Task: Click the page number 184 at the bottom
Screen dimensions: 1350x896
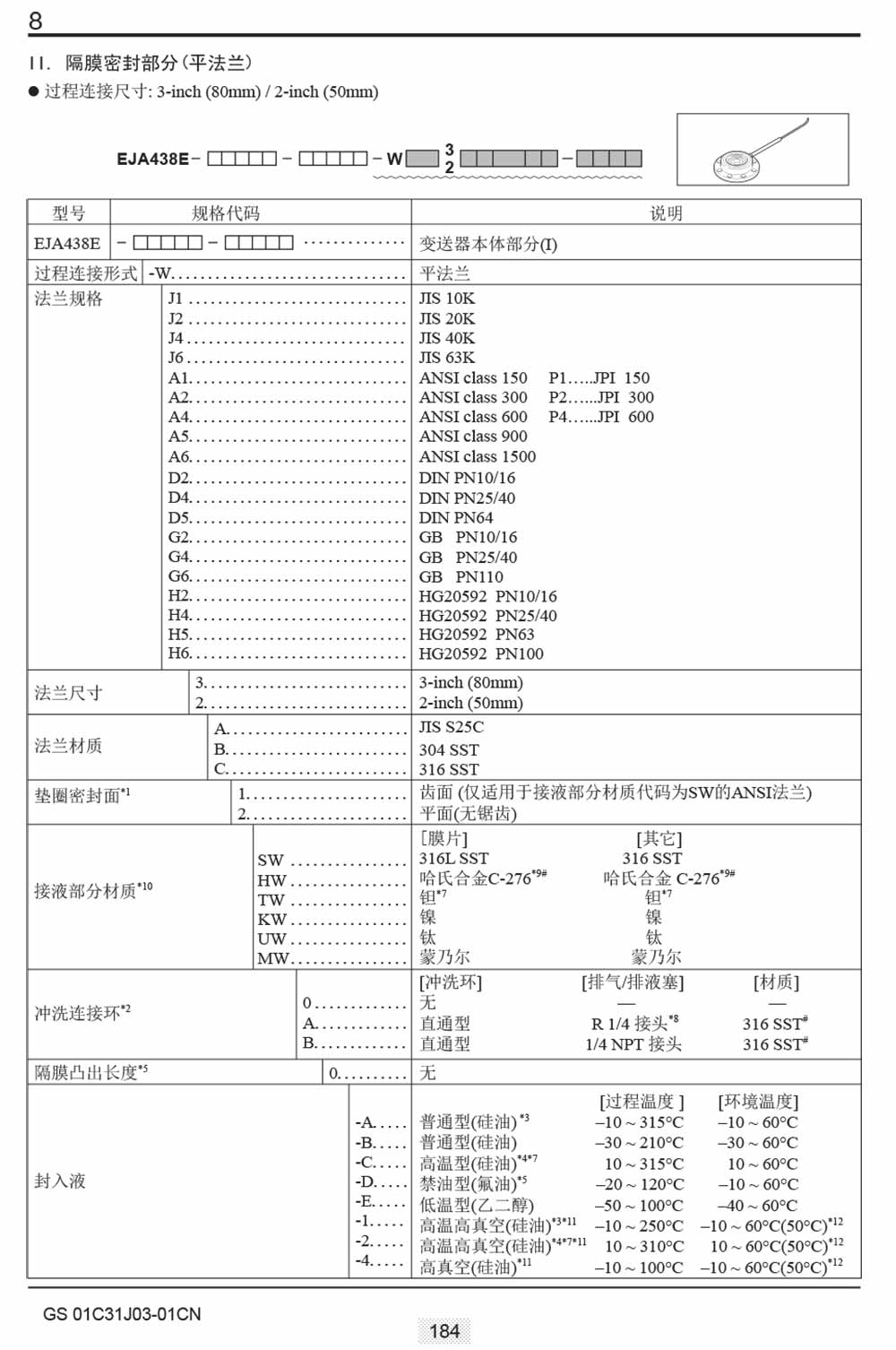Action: click(x=444, y=1331)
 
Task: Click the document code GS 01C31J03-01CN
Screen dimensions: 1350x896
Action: click(x=122, y=1314)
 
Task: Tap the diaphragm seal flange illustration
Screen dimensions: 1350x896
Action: click(x=762, y=149)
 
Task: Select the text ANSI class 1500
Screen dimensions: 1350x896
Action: click(x=477, y=456)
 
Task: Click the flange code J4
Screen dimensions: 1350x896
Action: click(x=176, y=338)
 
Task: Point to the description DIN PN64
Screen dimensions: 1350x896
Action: click(x=455, y=517)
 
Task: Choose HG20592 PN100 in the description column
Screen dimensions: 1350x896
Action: click(x=480, y=653)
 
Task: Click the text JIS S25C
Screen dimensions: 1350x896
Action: click(x=451, y=727)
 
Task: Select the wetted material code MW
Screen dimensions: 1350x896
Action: click(x=272, y=958)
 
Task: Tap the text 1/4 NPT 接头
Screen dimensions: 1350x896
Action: click(x=633, y=1043)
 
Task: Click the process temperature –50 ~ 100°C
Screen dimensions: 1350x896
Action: click(x=638, y=1206)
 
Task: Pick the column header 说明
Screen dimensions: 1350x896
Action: click(x=666, y=213)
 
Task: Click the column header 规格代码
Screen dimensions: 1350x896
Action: click(x=226, y=213)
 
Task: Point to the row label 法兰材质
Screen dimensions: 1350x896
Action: click(x=68, y=746)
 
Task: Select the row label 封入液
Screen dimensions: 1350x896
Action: click(x=60, y=1181)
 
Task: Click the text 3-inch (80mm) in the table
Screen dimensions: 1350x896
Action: click(x=470, y=683)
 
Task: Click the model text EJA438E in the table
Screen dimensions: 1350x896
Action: click(x=67, y=244)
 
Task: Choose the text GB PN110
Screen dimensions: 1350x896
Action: click(x=461, y=576)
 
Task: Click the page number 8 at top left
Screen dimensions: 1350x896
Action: click(x=35, y=21)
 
